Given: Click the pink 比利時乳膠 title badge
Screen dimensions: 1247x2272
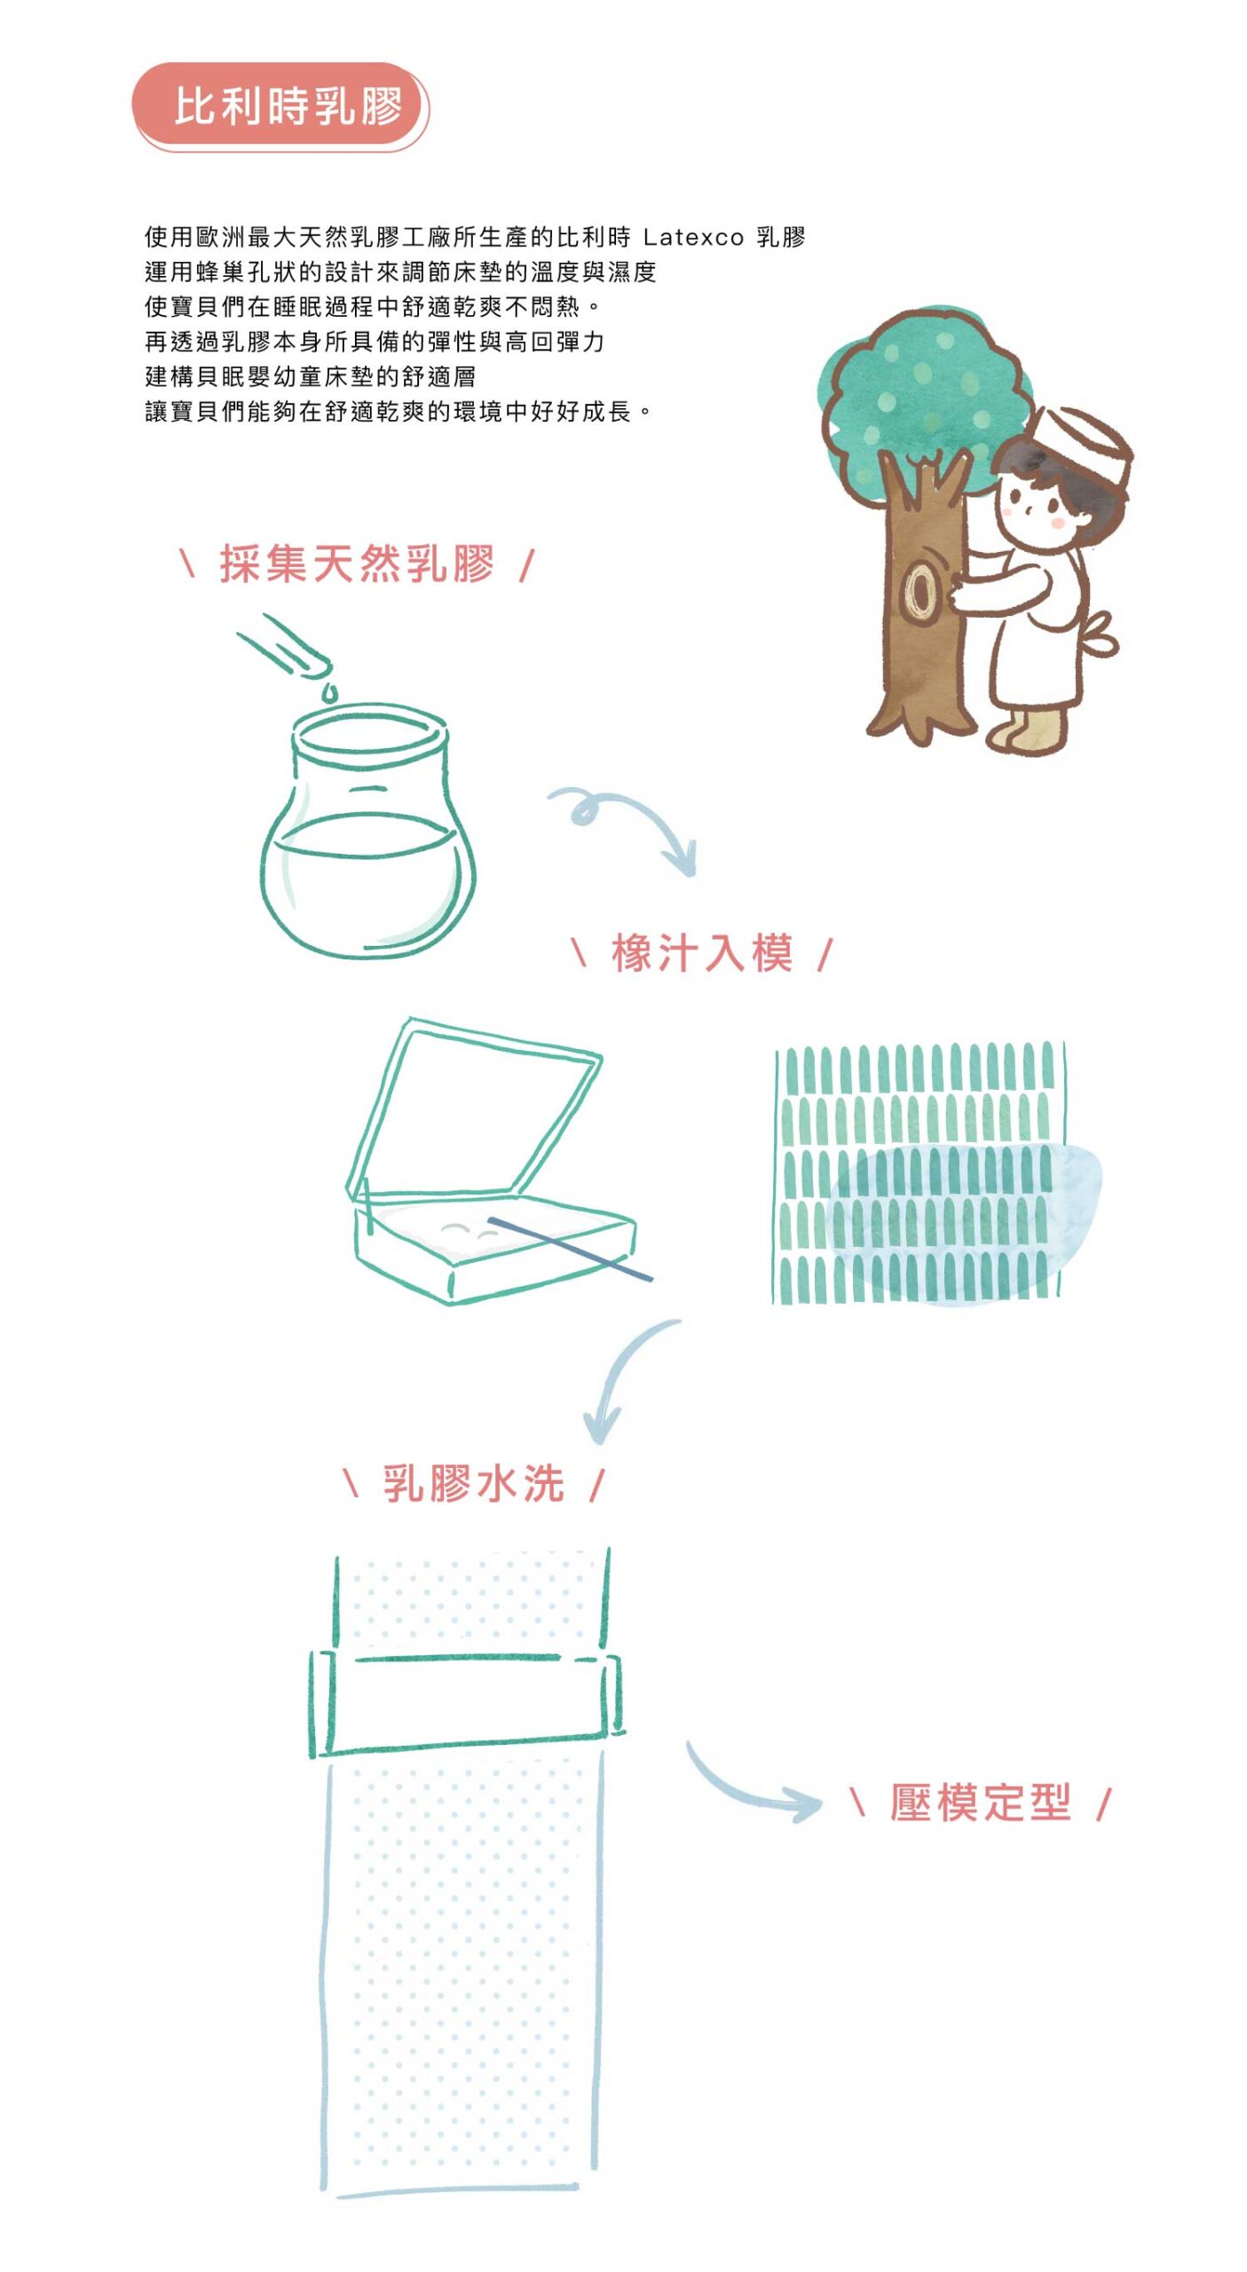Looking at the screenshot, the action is [280, 106].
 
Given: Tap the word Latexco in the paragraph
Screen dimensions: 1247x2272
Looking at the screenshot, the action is [693, 237].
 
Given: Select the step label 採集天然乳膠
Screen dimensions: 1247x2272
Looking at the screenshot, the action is [357, 564].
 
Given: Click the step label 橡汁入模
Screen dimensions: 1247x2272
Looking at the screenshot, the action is [701, 953].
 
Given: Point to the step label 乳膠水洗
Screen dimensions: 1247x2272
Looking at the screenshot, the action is [473, 1483].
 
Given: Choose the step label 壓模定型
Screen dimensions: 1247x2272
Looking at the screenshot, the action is [981, 1802].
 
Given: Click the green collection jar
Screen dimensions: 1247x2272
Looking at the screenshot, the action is [367, 831].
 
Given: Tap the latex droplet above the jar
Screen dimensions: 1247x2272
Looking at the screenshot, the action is [329, 690].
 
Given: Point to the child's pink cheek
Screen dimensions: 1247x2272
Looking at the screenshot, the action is [1057, 523].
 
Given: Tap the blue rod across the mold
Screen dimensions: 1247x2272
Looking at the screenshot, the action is [570, 1248].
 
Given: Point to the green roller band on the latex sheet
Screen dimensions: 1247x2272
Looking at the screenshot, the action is [467, 1701].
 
